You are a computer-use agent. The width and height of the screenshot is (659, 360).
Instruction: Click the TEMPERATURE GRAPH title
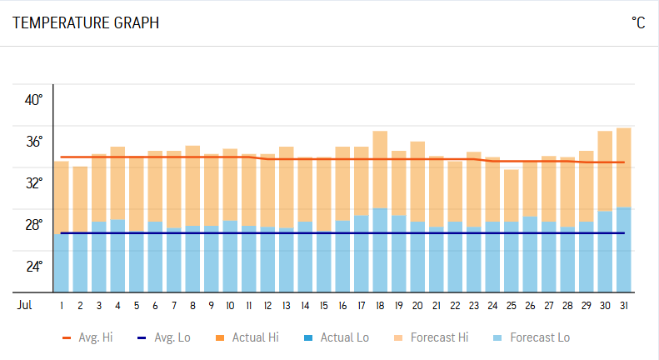tap(86, 23)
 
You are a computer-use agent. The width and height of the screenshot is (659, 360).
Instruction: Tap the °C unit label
tap(638, 23)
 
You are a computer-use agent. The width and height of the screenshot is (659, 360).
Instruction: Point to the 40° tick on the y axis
tap(33, 100)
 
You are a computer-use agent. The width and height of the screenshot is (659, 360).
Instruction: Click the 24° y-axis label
tap(33, 267)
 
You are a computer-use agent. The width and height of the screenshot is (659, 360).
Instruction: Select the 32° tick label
tap(33, 183)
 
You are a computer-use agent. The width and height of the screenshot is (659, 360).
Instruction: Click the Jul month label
tap(25, 306)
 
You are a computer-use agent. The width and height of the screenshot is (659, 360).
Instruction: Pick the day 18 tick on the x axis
tap(380, 306)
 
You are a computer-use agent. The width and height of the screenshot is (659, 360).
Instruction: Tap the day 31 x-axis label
tap(623, 306)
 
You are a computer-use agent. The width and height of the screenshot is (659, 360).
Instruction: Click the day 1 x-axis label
tap(62, 306)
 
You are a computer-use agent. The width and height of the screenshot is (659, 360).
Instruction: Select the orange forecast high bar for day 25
tap(511, 195)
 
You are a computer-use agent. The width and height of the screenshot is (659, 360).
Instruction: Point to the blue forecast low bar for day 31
tap(623, 249)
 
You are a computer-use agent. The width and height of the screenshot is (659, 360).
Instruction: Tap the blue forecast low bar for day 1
tap(62, 262)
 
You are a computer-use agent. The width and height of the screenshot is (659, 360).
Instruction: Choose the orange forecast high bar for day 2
tap(80, 199)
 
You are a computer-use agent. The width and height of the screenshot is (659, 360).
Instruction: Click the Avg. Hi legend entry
tap(90, 337)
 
